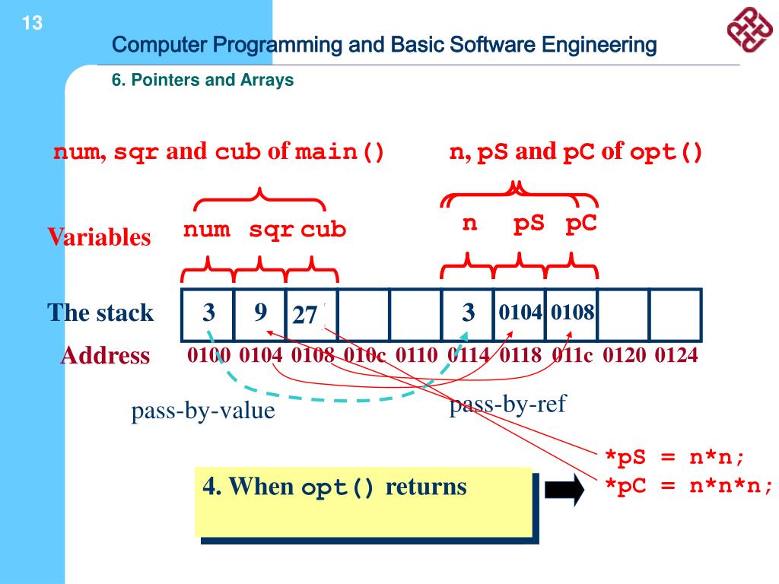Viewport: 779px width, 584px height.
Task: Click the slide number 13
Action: pyautogui.click(x=32, y=24)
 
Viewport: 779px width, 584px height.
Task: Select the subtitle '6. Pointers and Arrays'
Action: pyautogui.click(x=203, y=80)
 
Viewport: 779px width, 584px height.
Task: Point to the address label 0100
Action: pyautogui.click(x=208, y=355)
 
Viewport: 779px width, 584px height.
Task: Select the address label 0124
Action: pyautogui.click(x=676, y=355)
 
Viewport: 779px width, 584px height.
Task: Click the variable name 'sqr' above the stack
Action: pyautogui.click(x=272, y=229)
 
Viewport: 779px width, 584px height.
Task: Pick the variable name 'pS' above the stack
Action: pyautogui.click(x=529, y=224)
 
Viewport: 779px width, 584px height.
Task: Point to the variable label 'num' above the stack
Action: pyautogui.click(x=206, y=229)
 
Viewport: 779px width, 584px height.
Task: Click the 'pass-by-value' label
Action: pyautogui.click(x=202, y=411)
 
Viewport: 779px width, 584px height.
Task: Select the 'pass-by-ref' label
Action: pyautogui.click(x=507, y=405)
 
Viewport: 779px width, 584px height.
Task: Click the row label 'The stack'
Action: pyautogui.click(x=100, y=313)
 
